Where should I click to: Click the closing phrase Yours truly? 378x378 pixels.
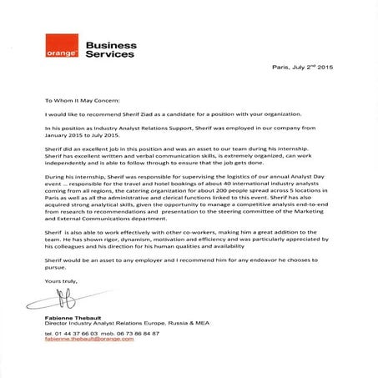point(58,282)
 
